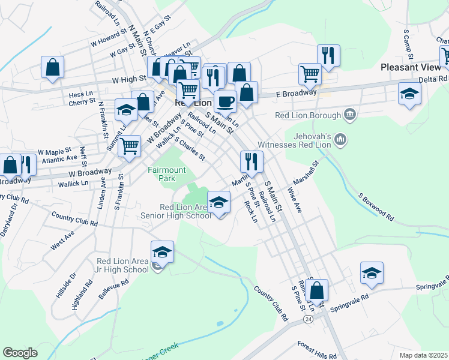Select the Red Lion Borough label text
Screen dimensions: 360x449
click(307, 115)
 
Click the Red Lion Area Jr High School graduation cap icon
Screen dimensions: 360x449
click(162, 253)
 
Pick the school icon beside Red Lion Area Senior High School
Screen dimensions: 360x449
click(219, 202)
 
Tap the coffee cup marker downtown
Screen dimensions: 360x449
click(226, 102)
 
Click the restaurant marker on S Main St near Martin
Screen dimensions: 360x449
click(252, 161)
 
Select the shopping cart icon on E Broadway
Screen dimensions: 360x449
click(310, 74)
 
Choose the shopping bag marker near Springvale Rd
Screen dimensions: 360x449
click(316, 290)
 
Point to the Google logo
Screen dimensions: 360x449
click(20, 353)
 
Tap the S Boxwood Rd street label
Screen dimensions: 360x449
click(376, 206)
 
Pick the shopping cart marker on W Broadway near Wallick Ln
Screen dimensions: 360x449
click(129, 146)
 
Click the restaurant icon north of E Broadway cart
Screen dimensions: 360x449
click(328, 56)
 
